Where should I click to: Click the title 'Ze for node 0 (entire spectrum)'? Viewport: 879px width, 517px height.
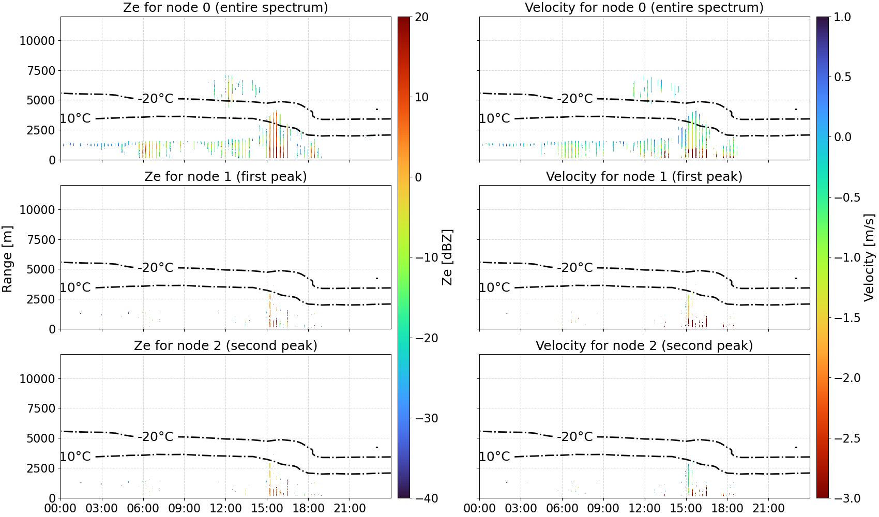coord(225,7)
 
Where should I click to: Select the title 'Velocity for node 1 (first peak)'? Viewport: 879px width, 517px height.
coord(644,176)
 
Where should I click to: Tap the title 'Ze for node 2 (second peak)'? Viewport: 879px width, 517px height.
coord(225,345)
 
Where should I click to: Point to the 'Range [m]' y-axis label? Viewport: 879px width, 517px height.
coord(7,259)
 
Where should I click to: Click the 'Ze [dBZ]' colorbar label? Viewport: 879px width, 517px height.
coord(447,257)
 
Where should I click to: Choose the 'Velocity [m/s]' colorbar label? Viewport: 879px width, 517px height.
coord(869,257)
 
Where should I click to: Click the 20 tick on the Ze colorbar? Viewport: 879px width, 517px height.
coord(421,17)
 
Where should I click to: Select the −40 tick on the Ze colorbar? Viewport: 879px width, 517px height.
coord(426,498)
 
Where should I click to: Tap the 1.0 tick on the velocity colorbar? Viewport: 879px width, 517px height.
coord(842,17)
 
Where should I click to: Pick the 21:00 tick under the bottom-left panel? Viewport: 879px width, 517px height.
coord(350,508)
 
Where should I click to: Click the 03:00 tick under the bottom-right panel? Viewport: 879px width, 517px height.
coord(521,508)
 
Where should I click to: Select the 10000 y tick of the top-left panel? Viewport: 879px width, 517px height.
coord(37,41)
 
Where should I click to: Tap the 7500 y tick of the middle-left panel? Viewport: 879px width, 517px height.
coord(41,240)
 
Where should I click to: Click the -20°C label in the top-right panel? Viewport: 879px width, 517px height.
coord(575,98)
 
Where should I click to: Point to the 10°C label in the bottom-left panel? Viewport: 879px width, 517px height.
coord(75,457)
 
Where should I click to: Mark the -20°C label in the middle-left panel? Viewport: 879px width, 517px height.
coord(156,267)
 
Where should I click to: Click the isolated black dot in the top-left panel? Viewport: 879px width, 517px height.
coord(377,110)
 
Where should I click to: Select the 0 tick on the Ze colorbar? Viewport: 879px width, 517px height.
coord(418,177)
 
